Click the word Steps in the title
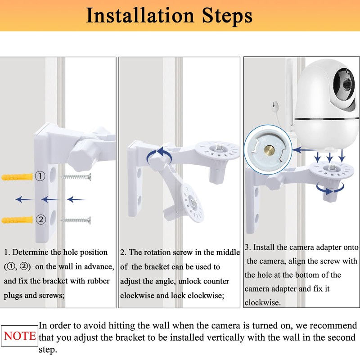pos(227,16)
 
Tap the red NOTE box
pos(19,336)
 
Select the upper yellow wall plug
pos(17,177)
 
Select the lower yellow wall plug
pos(17,220)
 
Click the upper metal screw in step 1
pos(76,177)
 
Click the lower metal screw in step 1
pos(75,220)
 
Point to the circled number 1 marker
pos(40,176)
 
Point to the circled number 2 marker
pos(40,220)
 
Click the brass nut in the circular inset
pos(269,151)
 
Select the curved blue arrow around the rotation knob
pos(159,155)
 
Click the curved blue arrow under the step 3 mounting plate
pos(330,188)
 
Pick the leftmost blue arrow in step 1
pos(24,199)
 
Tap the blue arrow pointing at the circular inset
pos(303,150)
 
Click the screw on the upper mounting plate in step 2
pos(218,148)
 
